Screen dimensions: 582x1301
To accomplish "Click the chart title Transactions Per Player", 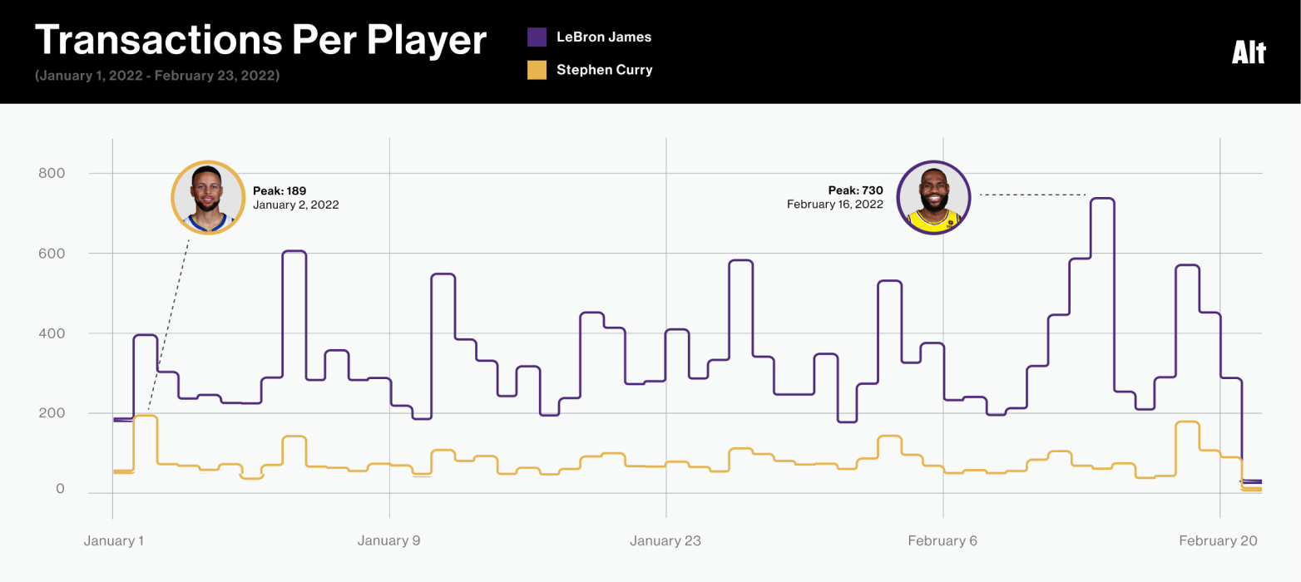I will pyautogui.click(x=260, y=39).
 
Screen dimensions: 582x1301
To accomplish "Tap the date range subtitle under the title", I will pyautogui.click(x=157, y=76).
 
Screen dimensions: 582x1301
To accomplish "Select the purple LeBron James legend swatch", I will pyautogui.click(x=537, y=37).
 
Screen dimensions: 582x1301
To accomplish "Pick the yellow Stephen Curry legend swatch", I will pyautogui.click(x=537, y=70).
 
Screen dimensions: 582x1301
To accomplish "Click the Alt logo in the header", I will pyautogui.click(x=1249, y=53).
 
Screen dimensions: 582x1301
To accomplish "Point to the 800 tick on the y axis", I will pyautogui.click(x=52, y=173).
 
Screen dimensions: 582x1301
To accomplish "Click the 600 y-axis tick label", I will pyautogui.click(x=52, y=253).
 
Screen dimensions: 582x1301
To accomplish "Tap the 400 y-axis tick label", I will pyautogui.click(x=52, y=333).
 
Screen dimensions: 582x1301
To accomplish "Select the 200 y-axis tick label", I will pyautogui.click(x=52, y=413).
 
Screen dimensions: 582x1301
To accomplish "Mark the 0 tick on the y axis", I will pyautogui.click(x=60, y=489).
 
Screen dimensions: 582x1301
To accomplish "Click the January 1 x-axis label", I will pyautogui.click(x=114, y=541).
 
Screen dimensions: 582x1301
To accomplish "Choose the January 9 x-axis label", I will pyautogui.click(x=389, y=541).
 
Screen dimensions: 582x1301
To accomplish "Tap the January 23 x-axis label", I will pyautogui.click(x=665, y=541).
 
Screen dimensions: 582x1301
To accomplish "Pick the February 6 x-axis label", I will pyautogui.click(x=942, y=541).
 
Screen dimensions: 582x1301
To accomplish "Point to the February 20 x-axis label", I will pyautogui.click(x=1219, y=541).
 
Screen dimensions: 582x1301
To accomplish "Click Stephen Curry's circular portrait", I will pyautogui.click(x=207, y=198).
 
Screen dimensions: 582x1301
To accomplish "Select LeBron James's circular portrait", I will pyautogui.click(x=933, y=198).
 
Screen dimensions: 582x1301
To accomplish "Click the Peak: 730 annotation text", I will pyautogui.click(x=856, y=190).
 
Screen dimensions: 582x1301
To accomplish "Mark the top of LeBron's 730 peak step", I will pyautogui.click(x=1102, y=199).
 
